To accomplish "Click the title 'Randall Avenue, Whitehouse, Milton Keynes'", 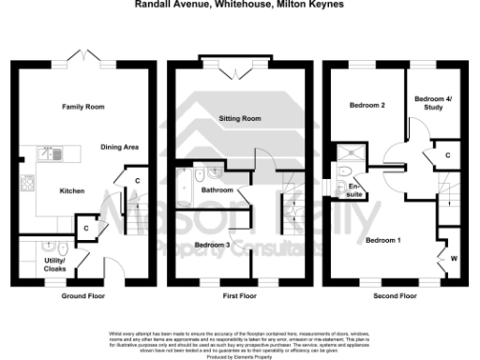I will (239, 5).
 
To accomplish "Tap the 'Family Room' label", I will (81, 108).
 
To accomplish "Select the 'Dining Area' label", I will (120, 148).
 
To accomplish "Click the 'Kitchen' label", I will (72, 190).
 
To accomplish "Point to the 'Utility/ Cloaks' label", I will (31, 264).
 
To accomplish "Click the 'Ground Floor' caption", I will (83, 295).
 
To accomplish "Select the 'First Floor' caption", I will (239, 295).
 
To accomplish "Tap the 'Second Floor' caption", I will (396, 295).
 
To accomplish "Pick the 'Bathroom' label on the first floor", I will (217, 191).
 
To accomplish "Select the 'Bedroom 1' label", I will (382, 241).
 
